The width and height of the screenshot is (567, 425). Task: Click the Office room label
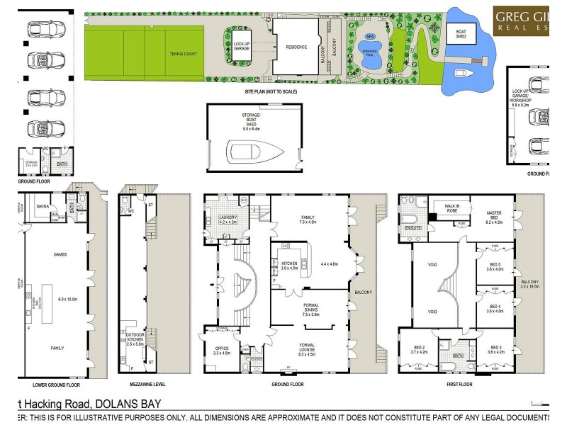tap(222, 348)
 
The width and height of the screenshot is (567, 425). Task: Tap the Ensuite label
tap(414, 228)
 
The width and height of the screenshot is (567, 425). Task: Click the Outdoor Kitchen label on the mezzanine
tap(135, 338)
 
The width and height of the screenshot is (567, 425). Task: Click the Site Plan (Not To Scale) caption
tap(270, 92)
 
